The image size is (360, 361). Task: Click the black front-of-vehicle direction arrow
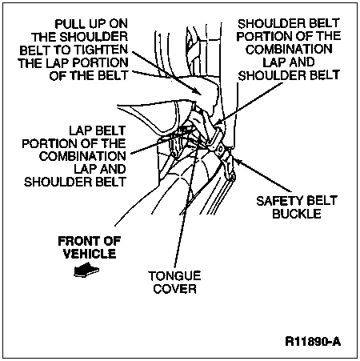pos(86,270)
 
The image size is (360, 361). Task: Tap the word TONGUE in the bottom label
pos(174,276)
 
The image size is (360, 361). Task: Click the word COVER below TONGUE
pos(175,289)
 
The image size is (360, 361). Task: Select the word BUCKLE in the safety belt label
pos(297,214)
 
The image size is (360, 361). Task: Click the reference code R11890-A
pos(313,342)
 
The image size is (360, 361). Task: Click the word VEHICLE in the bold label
pos(90,254)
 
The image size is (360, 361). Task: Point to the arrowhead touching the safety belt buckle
pos(237,161)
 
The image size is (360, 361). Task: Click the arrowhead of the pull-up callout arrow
pos(198,90)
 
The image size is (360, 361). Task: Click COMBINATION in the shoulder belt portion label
pos(289,49)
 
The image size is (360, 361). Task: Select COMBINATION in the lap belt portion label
pos(82,156)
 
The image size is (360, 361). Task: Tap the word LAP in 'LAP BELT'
pos(80,130)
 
